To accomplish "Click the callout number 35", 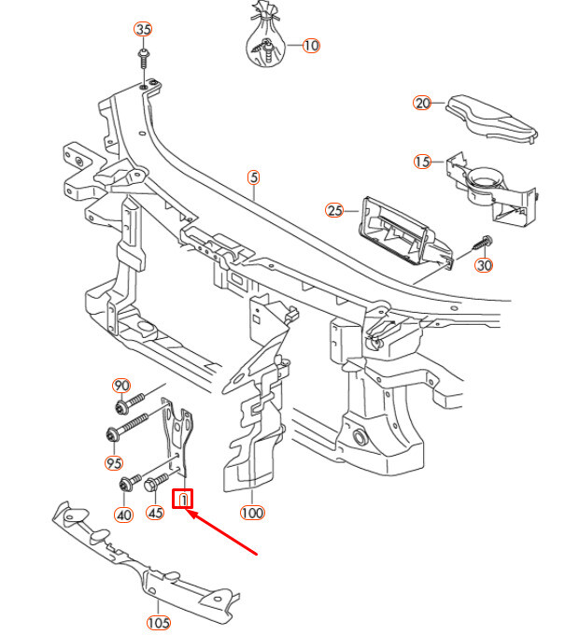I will [x=143, y=29].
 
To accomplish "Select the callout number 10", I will [x=311, y=45].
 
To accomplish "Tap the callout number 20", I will [x=422, y=104].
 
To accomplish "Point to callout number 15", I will [x=422, y=162].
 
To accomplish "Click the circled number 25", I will [x=334, y=210].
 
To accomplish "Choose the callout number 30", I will [x=484, y=265].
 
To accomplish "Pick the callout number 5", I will [x=252, y=176].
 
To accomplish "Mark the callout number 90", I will [x=120, y=386].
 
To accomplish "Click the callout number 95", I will [x=114, y=463].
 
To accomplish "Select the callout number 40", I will [x=123, y=515].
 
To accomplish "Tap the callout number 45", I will [x=156, y=513].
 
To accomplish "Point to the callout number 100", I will [x=252, y=513].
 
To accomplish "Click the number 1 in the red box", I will [x=184, y=500].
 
